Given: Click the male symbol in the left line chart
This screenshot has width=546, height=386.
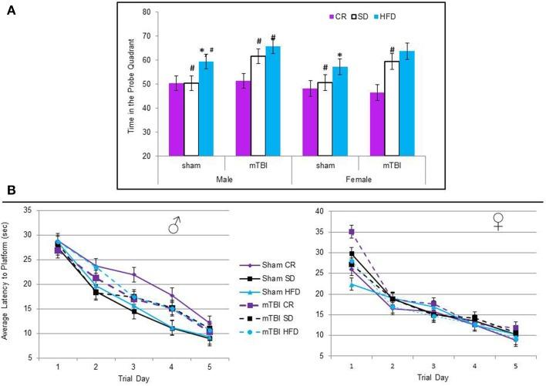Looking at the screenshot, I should point(177,226).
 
